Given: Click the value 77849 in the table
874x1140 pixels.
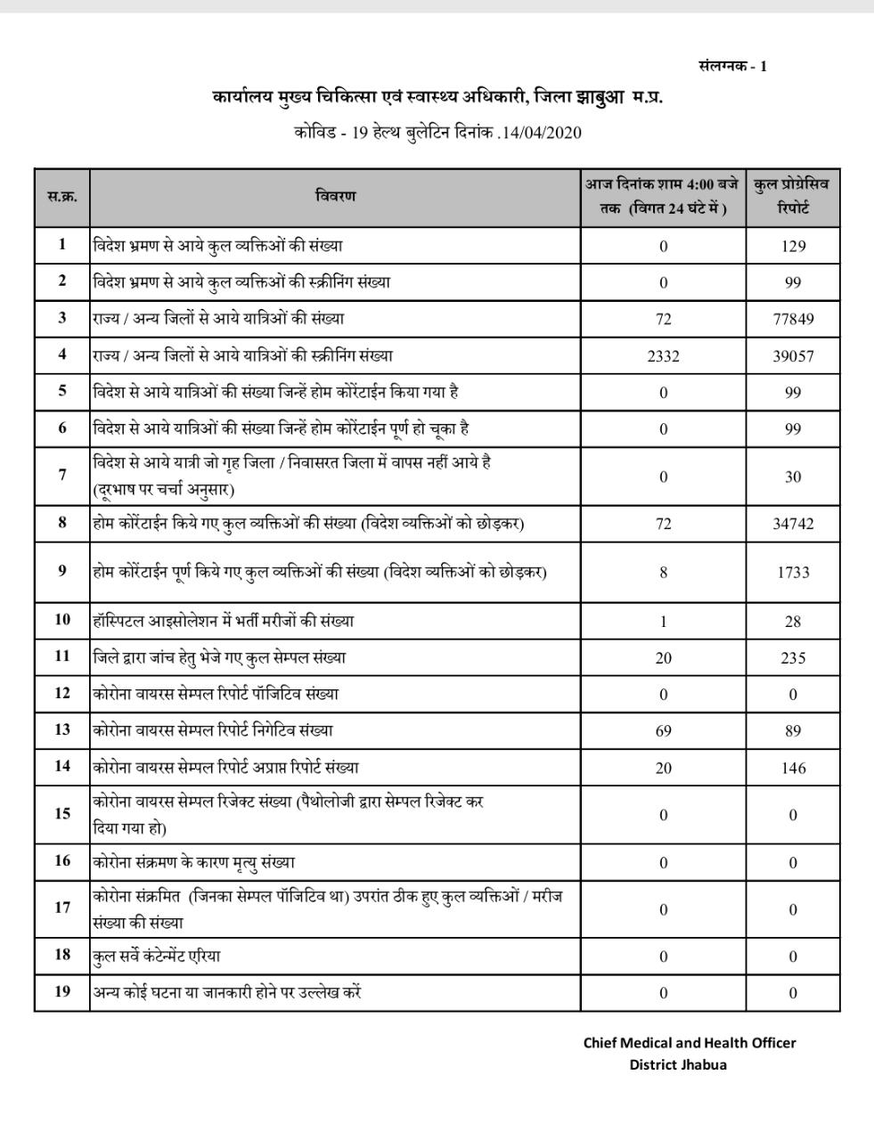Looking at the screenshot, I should coord(793,319).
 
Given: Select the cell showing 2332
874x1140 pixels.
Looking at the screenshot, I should coord(663,356).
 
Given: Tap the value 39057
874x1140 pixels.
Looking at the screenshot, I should coord(793,356).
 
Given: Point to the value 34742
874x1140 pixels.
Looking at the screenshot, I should coord(793,524).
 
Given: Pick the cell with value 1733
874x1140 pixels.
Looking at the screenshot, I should coord(793,573).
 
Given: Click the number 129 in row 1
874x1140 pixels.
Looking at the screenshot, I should coord(793,246).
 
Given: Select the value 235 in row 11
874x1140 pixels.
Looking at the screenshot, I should coord(793,658).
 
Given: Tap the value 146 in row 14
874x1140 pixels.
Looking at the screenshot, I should coord(793,768).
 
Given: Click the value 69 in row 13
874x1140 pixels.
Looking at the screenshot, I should coord(663,731).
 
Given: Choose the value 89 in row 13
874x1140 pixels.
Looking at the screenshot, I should coord(793,731).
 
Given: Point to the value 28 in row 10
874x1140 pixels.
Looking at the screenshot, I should coord(793,622).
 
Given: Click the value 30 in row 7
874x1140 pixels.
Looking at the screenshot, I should coord(793,477).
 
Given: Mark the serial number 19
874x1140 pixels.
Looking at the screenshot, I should coord(62,991).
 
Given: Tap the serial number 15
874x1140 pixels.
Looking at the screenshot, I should coord(62,813).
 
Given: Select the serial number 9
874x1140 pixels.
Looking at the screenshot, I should coord(62,571).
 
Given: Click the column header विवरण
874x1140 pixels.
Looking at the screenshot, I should coord(336,196).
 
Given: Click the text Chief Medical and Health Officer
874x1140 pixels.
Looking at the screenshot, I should coord(690,1042).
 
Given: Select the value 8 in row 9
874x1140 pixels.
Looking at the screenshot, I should coord(664,573).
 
